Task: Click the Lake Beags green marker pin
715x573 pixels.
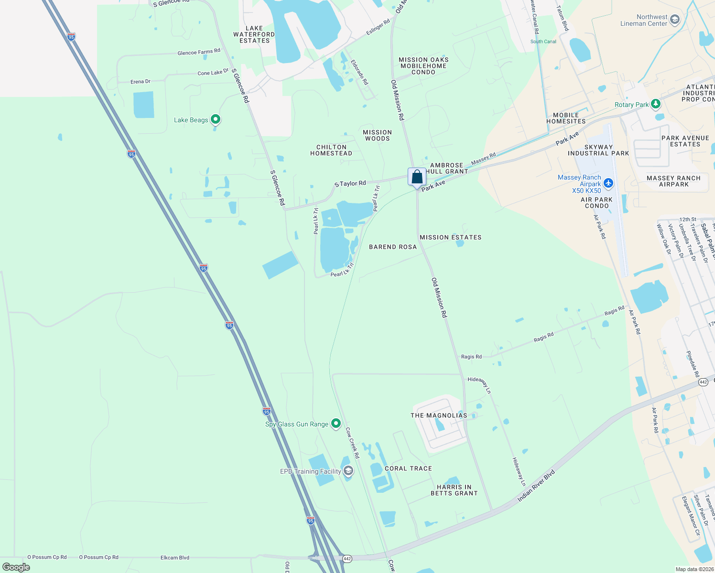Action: coord(216,119)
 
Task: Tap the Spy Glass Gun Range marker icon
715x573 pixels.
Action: coord(336,424)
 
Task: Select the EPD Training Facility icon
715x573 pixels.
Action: coord(348,471)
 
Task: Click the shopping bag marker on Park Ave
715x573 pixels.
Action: coord(417,177)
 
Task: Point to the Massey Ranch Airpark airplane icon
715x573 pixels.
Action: coord(608,183)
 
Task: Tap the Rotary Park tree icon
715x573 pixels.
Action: coord(656,104)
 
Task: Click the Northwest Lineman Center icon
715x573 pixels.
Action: coord(674,20)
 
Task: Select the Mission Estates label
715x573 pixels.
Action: coord(450,237)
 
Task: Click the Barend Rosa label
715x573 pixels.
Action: coord(393,247)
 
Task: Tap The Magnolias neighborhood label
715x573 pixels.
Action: coord(439,415)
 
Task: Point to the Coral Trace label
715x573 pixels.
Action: coord(408,468)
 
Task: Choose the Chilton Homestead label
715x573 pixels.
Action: coord(331,150)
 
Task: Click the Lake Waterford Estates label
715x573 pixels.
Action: coord(254,34)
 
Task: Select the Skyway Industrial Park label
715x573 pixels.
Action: coord(598,150)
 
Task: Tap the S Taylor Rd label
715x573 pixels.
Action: coord(350,183)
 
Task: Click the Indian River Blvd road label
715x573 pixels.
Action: coord(536,486)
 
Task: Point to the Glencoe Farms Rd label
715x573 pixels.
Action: coord(199,52)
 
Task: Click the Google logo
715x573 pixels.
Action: coord(16,567)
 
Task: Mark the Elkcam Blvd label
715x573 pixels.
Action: coord(175,557)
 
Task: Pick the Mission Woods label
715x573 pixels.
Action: coord(377,135)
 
